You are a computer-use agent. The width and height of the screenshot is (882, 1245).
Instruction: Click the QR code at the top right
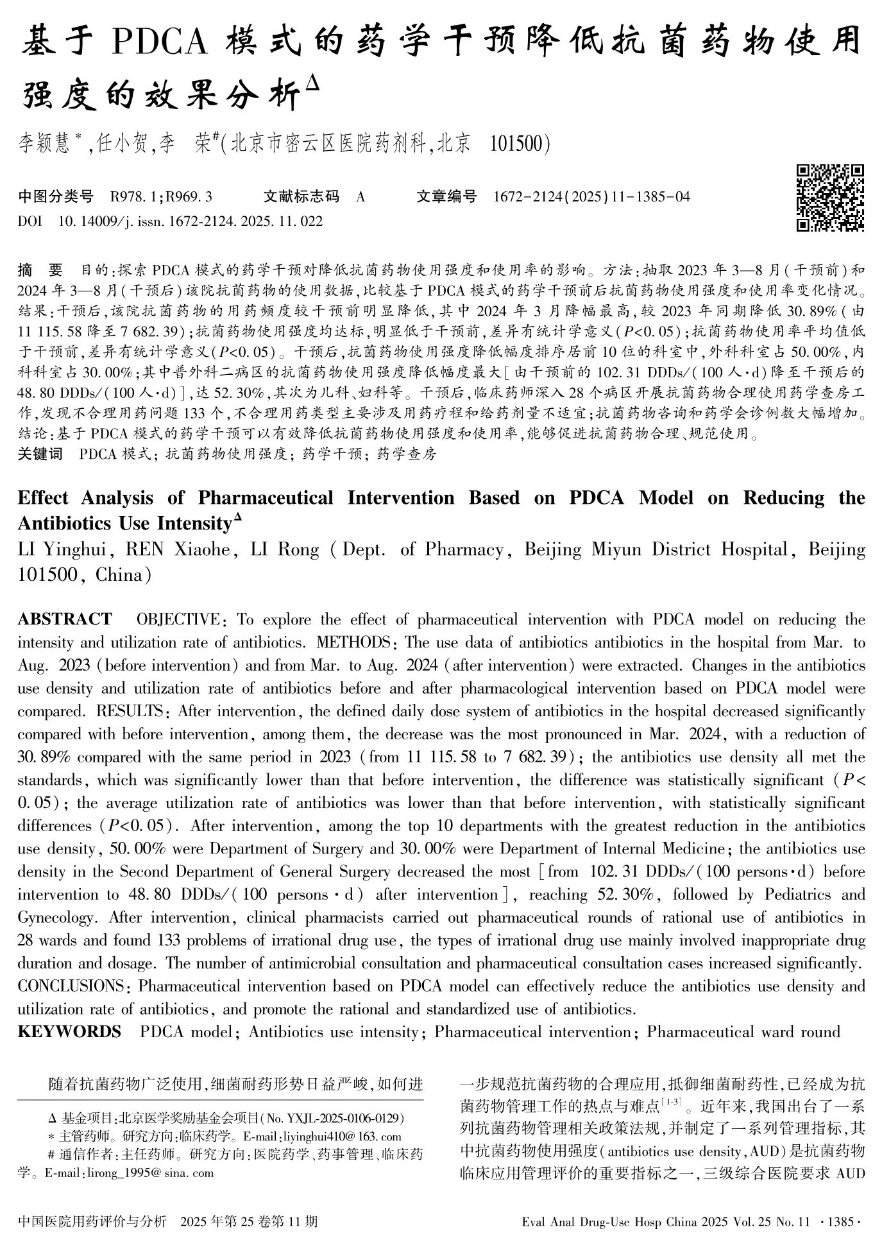click(x=830, y=198)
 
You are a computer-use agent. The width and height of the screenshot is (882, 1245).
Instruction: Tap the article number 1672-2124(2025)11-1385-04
click(x=591, y=196)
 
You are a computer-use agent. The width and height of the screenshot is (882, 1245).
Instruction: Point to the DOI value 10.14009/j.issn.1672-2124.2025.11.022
click(x=191, y=221)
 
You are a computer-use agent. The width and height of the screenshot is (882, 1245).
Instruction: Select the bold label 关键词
click(x=40, y=454)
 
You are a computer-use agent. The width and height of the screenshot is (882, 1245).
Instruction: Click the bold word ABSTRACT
click(x=65, y=619)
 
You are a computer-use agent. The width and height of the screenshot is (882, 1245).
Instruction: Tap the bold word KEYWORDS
click(x=69, y=1032)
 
